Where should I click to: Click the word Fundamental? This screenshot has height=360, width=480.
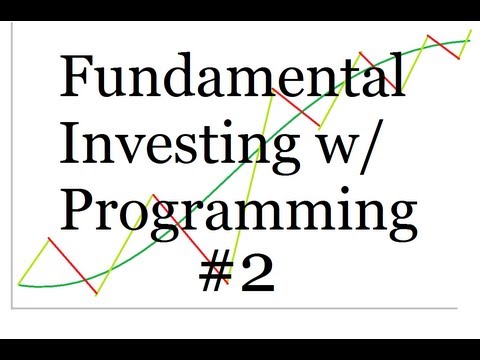pos(233,78)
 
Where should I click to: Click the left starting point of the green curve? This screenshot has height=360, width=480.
pos(21,283)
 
